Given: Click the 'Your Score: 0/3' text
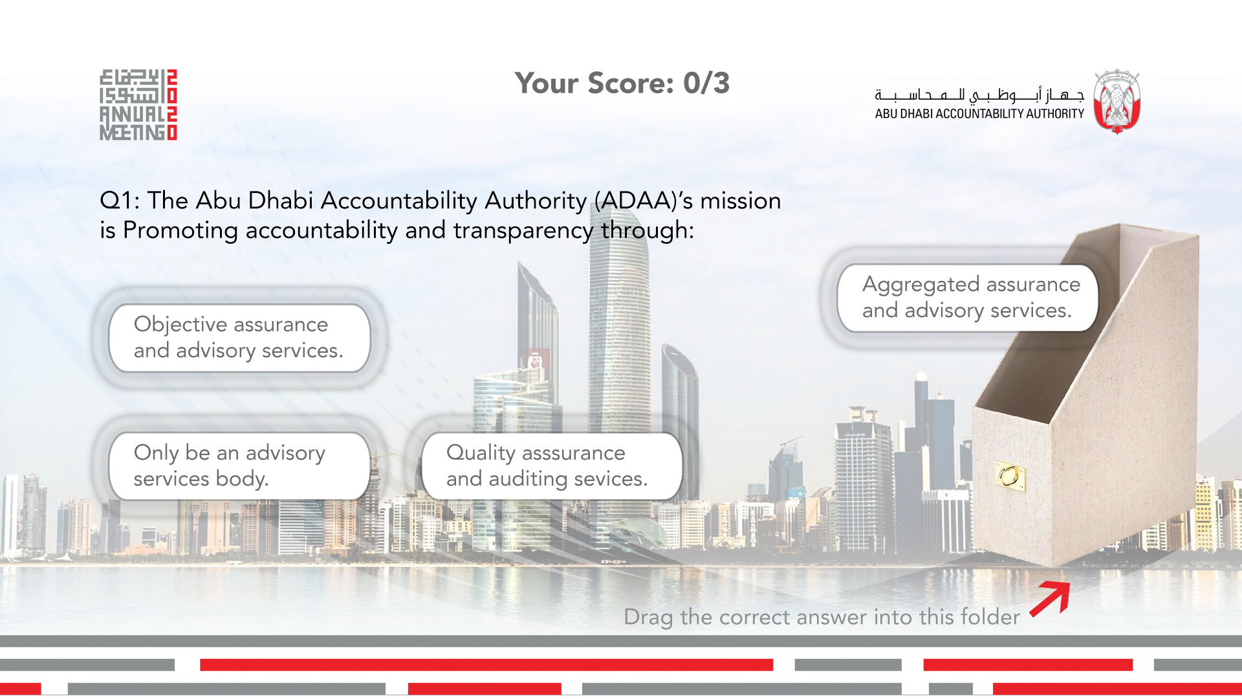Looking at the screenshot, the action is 622,83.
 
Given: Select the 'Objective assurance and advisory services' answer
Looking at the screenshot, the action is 240,338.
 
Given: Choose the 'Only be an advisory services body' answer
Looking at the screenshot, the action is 240,466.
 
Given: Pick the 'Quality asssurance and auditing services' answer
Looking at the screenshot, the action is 552,466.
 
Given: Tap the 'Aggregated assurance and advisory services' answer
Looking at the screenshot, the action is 968,298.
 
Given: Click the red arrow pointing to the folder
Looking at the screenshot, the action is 1050,599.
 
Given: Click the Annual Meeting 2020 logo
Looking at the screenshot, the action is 138,105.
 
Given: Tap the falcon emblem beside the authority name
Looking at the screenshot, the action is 1117,102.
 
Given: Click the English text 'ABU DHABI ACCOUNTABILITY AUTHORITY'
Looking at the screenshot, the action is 979,114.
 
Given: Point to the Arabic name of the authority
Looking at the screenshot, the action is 979,95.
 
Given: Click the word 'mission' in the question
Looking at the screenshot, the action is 741,201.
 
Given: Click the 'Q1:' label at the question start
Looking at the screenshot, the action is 120,201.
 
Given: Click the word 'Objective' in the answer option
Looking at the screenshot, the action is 180,324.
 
